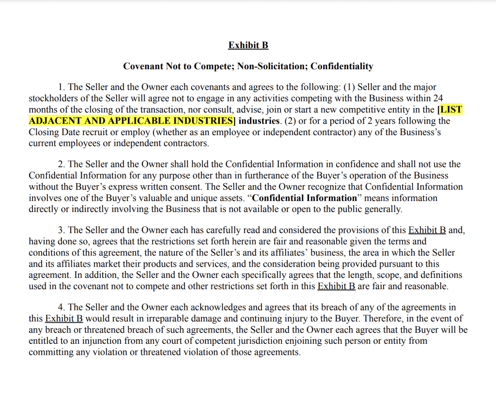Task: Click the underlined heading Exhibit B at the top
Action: (x=248, y=45)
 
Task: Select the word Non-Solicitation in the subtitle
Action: (x=272, y=66)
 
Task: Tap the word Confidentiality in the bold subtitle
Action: (x=342, y=66)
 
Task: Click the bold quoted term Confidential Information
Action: (x=304, y=198)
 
